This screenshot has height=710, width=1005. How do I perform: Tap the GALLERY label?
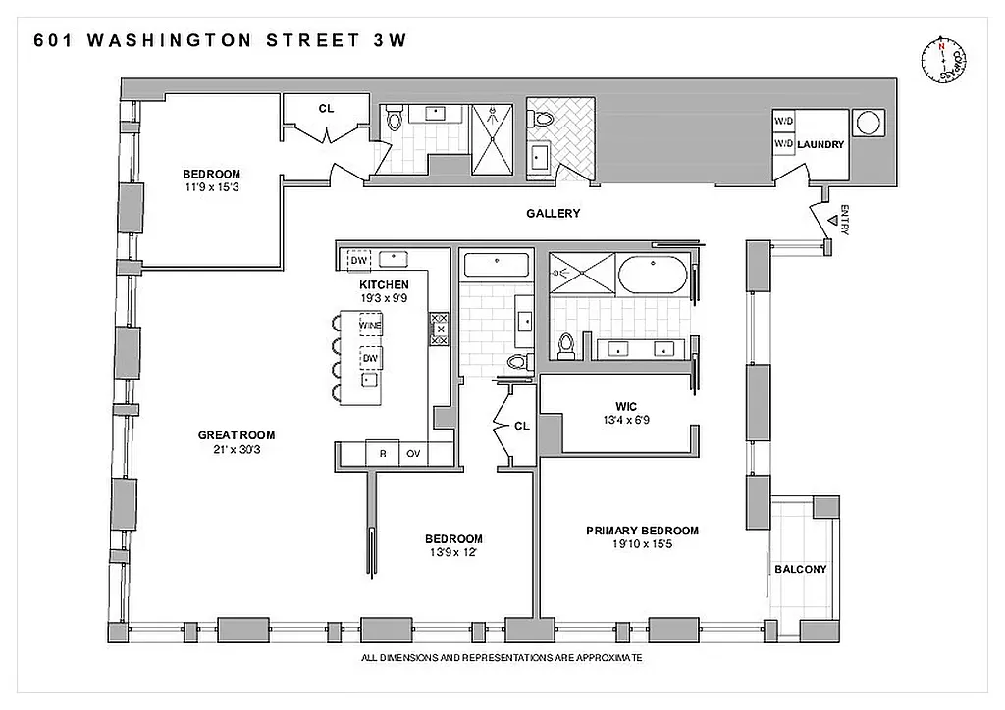[x=553, y=213]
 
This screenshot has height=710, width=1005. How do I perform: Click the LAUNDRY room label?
[x=820, y=144]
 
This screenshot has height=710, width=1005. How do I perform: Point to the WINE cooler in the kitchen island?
[x=370, y=325]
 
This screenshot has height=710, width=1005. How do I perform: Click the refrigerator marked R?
[x=382, y=453]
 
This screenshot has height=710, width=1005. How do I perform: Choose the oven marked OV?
[x=413, y=453]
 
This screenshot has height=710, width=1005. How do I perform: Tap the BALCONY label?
[x=801, y=569]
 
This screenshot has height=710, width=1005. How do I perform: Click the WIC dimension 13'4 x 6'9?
[x=628, y=420]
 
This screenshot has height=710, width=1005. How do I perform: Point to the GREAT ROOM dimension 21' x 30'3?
[x=237, y=450]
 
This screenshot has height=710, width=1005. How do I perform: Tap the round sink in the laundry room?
[x=870, y=124]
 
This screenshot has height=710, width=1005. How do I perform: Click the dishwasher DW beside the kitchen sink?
[x=358, y=260]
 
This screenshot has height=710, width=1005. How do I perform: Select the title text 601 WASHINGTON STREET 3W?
[x=220, y=40]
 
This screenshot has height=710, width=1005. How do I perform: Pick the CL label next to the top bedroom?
[x=326, y=109]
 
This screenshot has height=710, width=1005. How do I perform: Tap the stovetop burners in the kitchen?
[x=439, y=329]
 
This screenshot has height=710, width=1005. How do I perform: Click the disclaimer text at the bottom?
[x=502, y=658]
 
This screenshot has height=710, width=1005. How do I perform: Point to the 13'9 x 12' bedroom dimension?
[x=453, y=553]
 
